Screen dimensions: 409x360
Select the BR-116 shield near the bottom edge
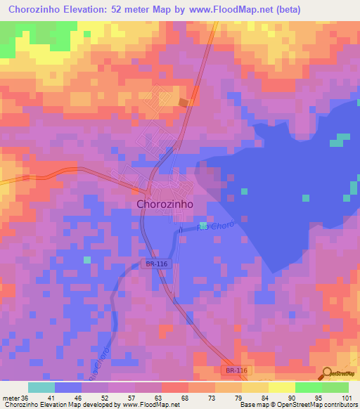tap(238, 370)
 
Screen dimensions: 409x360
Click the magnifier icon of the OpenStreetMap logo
tap(327, 374)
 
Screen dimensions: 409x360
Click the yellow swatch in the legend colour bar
tap(281, 387)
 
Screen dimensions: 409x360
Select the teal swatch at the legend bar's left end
tap(41, 387)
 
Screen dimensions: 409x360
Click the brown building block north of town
tap(184, 103)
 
